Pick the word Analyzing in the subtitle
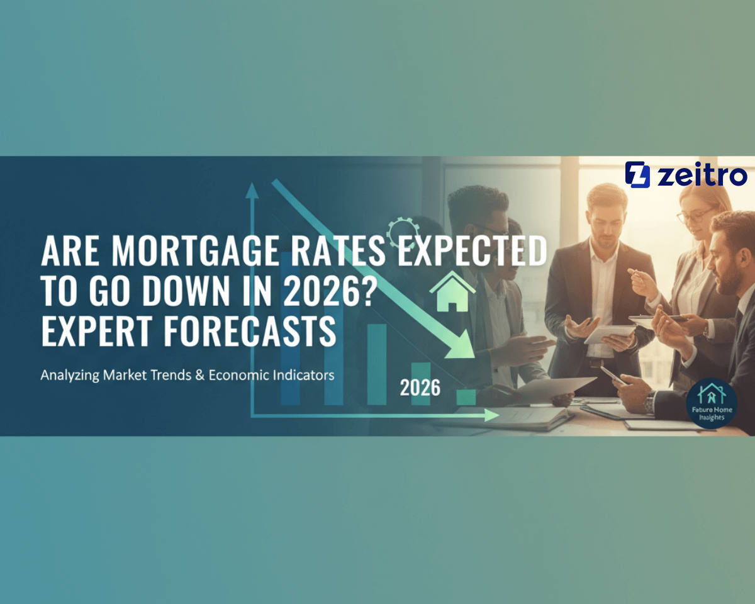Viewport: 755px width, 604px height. (x=69, y=375)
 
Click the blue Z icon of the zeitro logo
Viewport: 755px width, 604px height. (x=637, y=174)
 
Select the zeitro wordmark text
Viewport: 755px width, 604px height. (x=702, y=176)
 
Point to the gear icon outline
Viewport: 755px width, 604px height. (x=401, y=233)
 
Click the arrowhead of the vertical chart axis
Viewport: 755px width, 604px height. (x=253, y=188)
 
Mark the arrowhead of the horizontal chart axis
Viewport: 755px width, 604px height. (x=493, y=415)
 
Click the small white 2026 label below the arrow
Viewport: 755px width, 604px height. (x=420, y=388)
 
